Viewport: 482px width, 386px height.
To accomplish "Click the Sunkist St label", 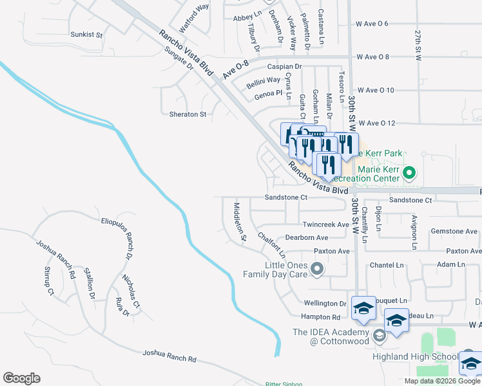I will [x=86, y=33].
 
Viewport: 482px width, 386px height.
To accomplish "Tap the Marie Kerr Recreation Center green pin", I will [x=408, y=173].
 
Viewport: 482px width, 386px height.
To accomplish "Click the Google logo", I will [x=21, y=378].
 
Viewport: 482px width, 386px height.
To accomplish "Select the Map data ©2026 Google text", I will [x=442, y=381].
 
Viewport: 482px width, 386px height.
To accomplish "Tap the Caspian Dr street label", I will [x=289, y=66].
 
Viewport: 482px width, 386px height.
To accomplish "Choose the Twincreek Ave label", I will [x=325, y=225].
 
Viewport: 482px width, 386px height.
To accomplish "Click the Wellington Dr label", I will [x=325, y=303].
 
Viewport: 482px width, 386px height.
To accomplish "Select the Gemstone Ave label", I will [x=454, y=231].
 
